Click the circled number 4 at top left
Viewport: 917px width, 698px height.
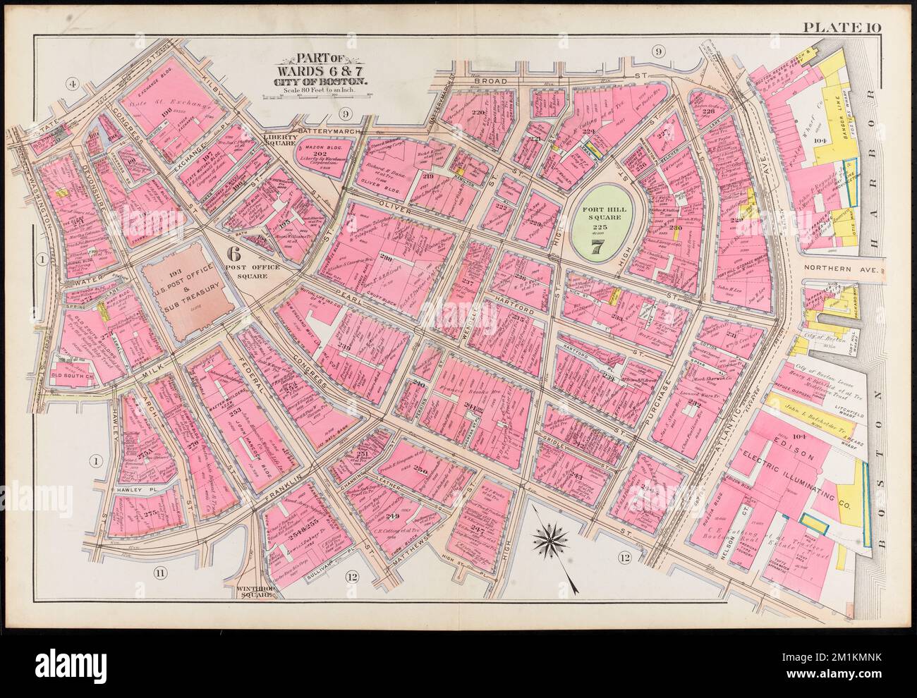[x=71, y=85]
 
